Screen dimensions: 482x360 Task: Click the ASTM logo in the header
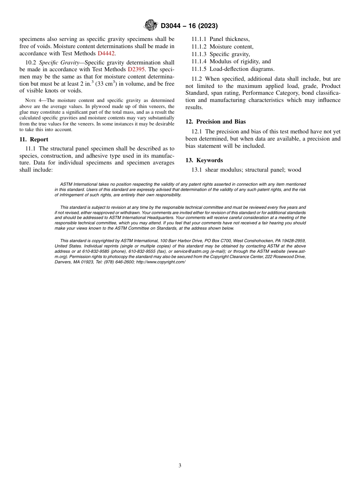(x=151, y=26)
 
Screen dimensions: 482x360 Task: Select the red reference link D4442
(x=106, y=53)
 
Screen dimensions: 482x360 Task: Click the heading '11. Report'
(x=34, y=139)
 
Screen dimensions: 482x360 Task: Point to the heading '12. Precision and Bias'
(x=215, y=122)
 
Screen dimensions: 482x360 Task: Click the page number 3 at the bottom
(x=180, y=466)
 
